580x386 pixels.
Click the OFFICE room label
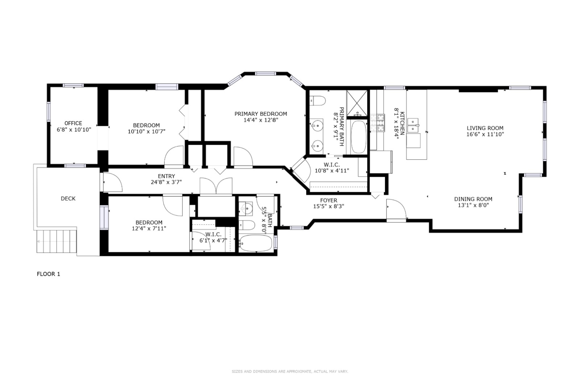pos(73,123)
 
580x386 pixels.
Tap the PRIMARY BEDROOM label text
pos(260,114)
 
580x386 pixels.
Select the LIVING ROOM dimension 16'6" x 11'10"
pos(485,134)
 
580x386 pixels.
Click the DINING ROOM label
pos(473,199)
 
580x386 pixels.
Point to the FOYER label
pos(328,200)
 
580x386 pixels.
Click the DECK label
pos(68,198)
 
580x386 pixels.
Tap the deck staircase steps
pos(57,242)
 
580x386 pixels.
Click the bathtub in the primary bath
pos(359,137)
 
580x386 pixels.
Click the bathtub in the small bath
pos(256,243)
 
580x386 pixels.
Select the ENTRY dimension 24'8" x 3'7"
pos(166,182)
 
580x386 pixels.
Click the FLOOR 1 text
pos(49,274)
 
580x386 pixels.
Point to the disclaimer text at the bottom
pos(290,371)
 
